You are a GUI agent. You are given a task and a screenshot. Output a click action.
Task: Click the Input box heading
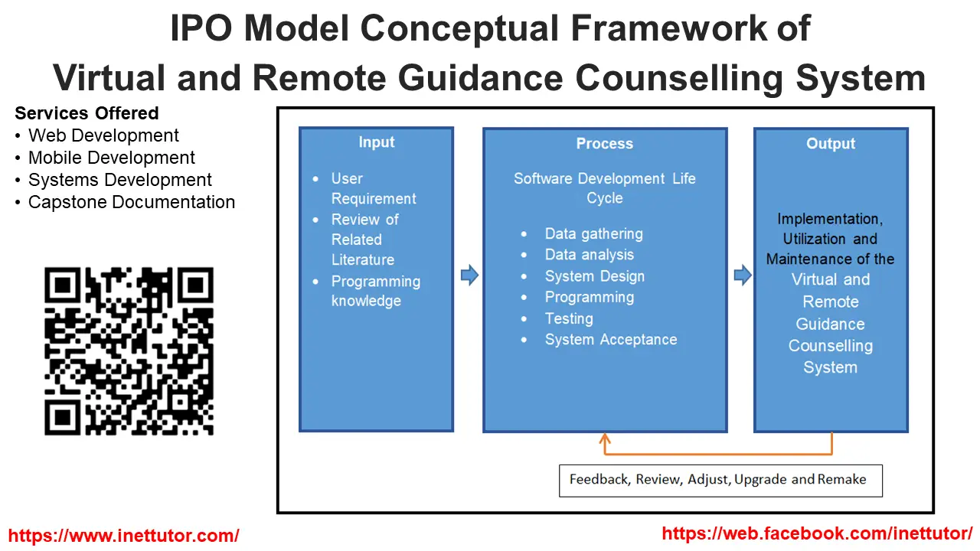(376, 142)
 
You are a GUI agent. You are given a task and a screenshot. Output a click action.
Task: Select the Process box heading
(604, 144)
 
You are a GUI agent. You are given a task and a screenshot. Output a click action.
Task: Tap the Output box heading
(831, 144)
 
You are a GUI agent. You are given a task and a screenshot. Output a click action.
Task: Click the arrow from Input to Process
(469, 275)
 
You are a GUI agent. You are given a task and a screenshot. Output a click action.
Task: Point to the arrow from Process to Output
(742, 275)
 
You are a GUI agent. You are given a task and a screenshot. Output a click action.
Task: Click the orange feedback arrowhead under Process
(605, 440)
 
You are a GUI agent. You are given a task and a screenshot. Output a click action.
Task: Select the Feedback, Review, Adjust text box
(720, 480)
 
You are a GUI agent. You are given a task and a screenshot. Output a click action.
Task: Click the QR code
(129, 351)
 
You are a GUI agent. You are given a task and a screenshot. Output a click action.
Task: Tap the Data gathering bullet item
(593, 234)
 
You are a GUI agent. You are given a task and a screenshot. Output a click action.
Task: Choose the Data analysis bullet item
(589, 255)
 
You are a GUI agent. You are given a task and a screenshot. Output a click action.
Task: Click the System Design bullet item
(594, 276)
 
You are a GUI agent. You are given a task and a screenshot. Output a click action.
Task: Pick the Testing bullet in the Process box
(569, 318)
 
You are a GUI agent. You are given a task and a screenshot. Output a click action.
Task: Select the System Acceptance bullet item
(610, 340)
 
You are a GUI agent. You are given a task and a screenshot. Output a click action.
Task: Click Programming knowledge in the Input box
(375, 291)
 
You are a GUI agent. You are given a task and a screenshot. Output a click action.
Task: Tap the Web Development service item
(103, 136)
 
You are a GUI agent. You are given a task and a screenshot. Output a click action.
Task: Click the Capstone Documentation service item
(131, 203)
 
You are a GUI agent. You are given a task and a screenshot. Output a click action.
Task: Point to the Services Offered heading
(87, 113)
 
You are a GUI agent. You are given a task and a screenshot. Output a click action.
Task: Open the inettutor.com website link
(123, 536)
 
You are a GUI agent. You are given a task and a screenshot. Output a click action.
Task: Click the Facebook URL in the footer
(816, 533)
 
